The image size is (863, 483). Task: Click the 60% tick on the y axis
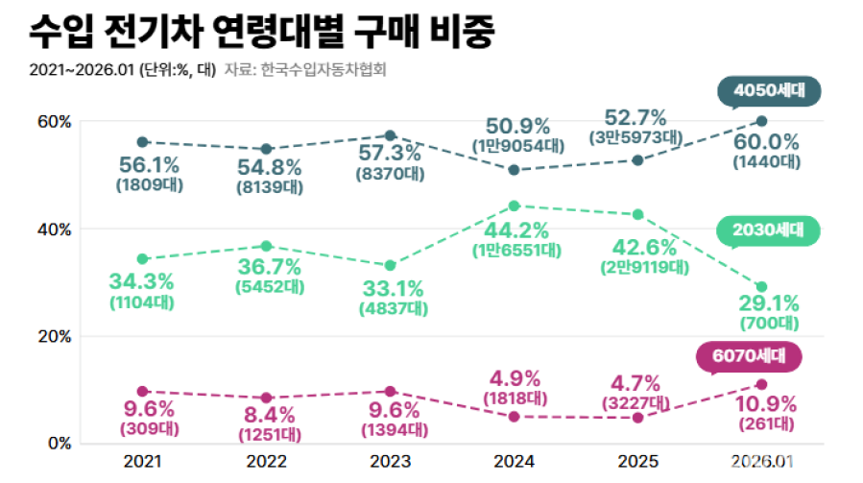point(55,121)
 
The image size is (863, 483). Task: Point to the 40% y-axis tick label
point(55,229)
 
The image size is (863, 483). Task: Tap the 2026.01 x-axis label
point(761,462)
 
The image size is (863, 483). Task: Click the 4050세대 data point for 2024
point(514,170)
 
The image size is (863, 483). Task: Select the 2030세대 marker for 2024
point(514,205)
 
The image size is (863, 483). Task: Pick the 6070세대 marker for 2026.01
point(761,384)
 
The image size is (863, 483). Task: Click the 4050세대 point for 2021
point(142,142)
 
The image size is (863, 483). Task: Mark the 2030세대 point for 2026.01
point(761,287)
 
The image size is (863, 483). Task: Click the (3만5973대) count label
point(635,138)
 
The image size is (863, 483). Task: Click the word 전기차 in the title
point(171,33)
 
